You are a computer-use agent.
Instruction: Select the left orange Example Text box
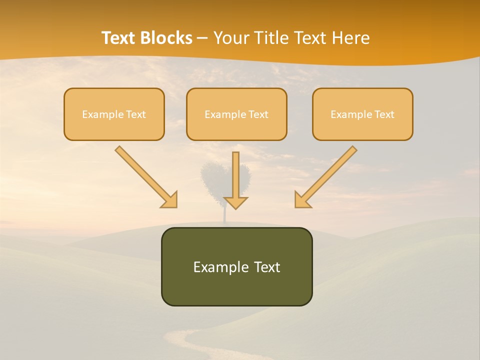(x=114, y=114)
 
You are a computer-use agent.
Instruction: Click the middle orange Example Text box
(x=236, y=114)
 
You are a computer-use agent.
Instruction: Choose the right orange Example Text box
(x=362, y=114)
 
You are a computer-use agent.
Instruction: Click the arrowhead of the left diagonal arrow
(x=170, y=200)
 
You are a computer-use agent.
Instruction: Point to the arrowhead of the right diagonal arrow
(x=302, y=200)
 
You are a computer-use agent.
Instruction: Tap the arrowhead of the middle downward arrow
(x=236, y=202)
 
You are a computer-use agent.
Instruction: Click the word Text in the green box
(x=267, y=267)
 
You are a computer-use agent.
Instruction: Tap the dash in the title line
(x=202, y=38)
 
